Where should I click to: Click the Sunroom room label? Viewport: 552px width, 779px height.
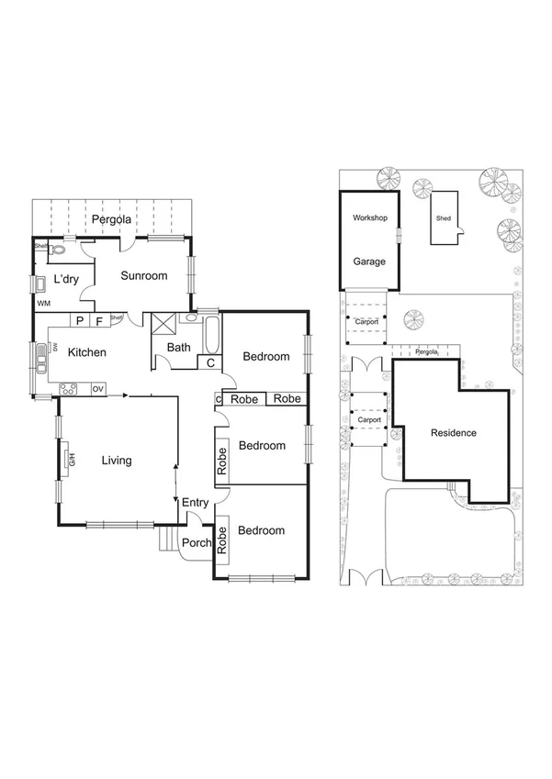click(x=144, y=276)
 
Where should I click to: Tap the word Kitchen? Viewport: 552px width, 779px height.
click(x=87, y=352)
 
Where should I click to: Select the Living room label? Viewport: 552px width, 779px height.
click(x=116, y=461)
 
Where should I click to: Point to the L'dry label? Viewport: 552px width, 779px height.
click(x=65, y=279)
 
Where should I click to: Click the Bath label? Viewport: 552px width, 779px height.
click(x=178, y=348)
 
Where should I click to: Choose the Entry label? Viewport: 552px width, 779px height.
click(x=195, y=502)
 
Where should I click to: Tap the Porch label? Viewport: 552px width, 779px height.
click(x=197, y=542)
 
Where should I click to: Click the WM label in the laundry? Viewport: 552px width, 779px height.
click(x=43, y=303)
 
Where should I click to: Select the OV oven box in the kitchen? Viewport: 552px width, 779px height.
click(x=97, y=390)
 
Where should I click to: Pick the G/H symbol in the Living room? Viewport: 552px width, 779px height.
click(x=71, y=460)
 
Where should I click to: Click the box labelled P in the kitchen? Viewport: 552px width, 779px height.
click(x=80, y=320)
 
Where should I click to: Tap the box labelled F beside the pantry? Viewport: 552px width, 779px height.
click(x=98, y=320)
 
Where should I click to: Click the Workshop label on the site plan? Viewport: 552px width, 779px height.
click(x=370, y=218)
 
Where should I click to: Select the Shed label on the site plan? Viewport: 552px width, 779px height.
click(x=444, y=219)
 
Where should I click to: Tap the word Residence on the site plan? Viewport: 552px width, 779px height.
click(x=453, y=432)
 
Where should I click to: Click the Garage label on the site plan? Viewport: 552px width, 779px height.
click(x=370, y=261)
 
